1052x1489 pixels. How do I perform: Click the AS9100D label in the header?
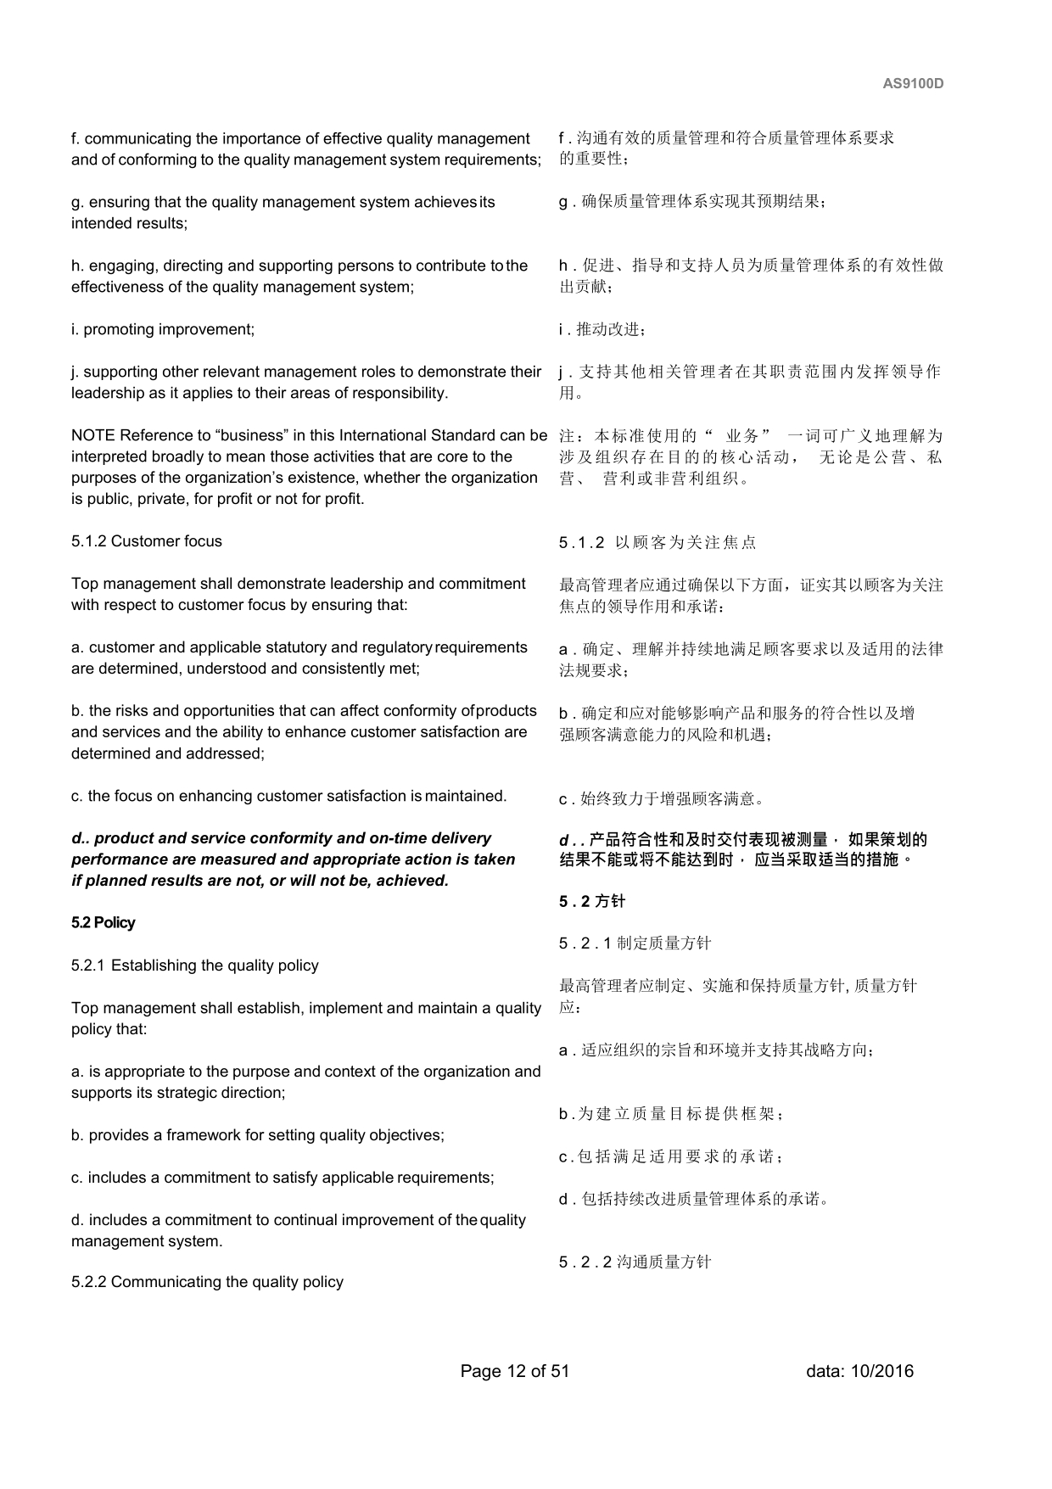tap(913, 84)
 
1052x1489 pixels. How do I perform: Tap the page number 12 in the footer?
tap(516, 1371)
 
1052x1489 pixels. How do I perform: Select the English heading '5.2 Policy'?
tap(103, 923)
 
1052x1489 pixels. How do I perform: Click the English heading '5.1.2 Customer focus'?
tap(147, 541)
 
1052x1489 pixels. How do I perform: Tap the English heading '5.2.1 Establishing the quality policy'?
tap(195, 966)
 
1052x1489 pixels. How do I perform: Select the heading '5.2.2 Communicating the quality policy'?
tap(207, 1282)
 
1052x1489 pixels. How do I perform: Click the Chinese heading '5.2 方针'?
tap(591, 902)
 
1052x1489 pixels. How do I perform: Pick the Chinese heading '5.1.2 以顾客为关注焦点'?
tap(657, 543)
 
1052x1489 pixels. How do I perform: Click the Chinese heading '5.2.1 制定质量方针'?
tap(635, 943)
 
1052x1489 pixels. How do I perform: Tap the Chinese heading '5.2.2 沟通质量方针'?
tap(635, 1262)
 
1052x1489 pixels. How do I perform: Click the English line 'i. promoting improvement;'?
tap(163, 329)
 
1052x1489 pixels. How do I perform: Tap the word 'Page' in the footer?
tap(480, 1371)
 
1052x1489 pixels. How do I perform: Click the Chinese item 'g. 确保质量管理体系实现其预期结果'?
tap(692, 203)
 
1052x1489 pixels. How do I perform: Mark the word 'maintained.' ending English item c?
tap(466, 796)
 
